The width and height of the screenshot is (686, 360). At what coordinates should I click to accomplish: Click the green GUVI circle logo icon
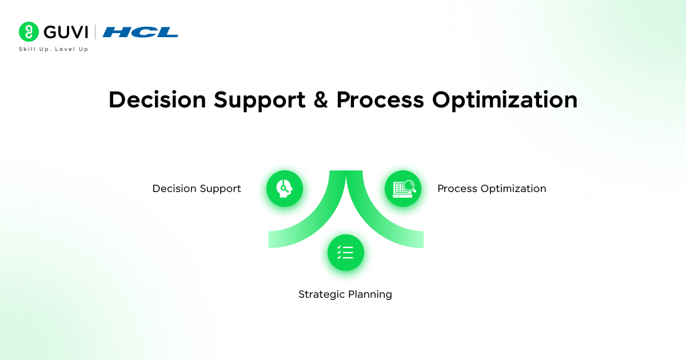pyautogui.click(x=29, y=31)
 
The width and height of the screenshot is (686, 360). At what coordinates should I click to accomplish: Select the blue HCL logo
pyautogui.click(x=141, y=32)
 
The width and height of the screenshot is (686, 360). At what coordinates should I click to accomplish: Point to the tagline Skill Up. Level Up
pyautogui.click(x=54, y=49)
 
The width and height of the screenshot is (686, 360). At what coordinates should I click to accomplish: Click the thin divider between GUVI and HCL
pyautogui.click(x=95, y=31)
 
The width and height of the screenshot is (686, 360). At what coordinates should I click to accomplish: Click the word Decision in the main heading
pyautogui.click(x=157, y=100)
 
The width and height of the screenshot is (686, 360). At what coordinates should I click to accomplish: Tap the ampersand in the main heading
pyautogui.click(x=321, y=100)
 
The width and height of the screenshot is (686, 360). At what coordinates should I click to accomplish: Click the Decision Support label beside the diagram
pyautogui.click(x=197, y=189)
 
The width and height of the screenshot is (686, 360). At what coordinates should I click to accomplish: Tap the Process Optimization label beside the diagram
pyautogui.click(x=492, y=189)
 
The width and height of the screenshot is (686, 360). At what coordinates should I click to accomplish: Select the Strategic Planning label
pyautogui.click(x=345, y=294)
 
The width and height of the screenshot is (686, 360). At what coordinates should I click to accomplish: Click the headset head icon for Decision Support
pyautogui.click(x=285, y=189)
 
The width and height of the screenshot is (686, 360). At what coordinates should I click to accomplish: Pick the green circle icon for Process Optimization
pyautogui.click(x=403, y=189)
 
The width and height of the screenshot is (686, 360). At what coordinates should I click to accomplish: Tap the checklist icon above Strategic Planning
pyautogui.click(x=346, y=253)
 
